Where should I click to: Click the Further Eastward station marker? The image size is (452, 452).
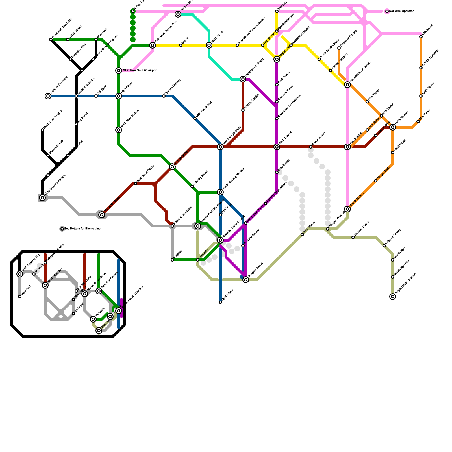[x=48, y=96]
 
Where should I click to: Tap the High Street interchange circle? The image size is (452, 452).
[x=119, y=96]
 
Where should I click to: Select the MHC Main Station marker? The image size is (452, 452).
[x=119, y=130]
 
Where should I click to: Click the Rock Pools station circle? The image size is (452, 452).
[x=209, y=45]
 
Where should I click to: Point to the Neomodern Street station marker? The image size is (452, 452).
[x=243, y=79]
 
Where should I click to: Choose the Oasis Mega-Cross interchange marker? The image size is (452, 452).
[x=220, y=147]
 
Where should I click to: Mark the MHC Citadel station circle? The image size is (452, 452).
[x=277, y=147]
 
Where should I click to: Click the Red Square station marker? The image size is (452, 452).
[x=347, y=147]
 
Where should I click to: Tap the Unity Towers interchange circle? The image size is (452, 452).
[x=393, y=127]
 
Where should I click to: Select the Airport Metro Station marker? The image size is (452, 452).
[x=393, y=297]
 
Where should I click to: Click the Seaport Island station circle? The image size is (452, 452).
[x=246, y=280]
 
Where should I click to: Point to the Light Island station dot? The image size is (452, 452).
[x=220, y=302]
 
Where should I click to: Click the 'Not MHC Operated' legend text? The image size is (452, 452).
[x=401, y=11]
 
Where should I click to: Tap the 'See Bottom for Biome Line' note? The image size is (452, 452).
[x=82, y=229]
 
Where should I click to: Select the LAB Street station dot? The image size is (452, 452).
[x=421, y=37]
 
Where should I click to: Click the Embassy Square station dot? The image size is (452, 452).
[x=339, y=48]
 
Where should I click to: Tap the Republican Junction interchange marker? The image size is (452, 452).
[x=347, y=85]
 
